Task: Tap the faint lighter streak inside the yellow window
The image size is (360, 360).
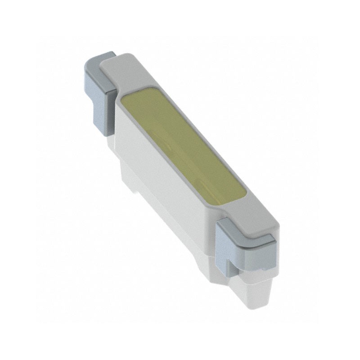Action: pos(180,148)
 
